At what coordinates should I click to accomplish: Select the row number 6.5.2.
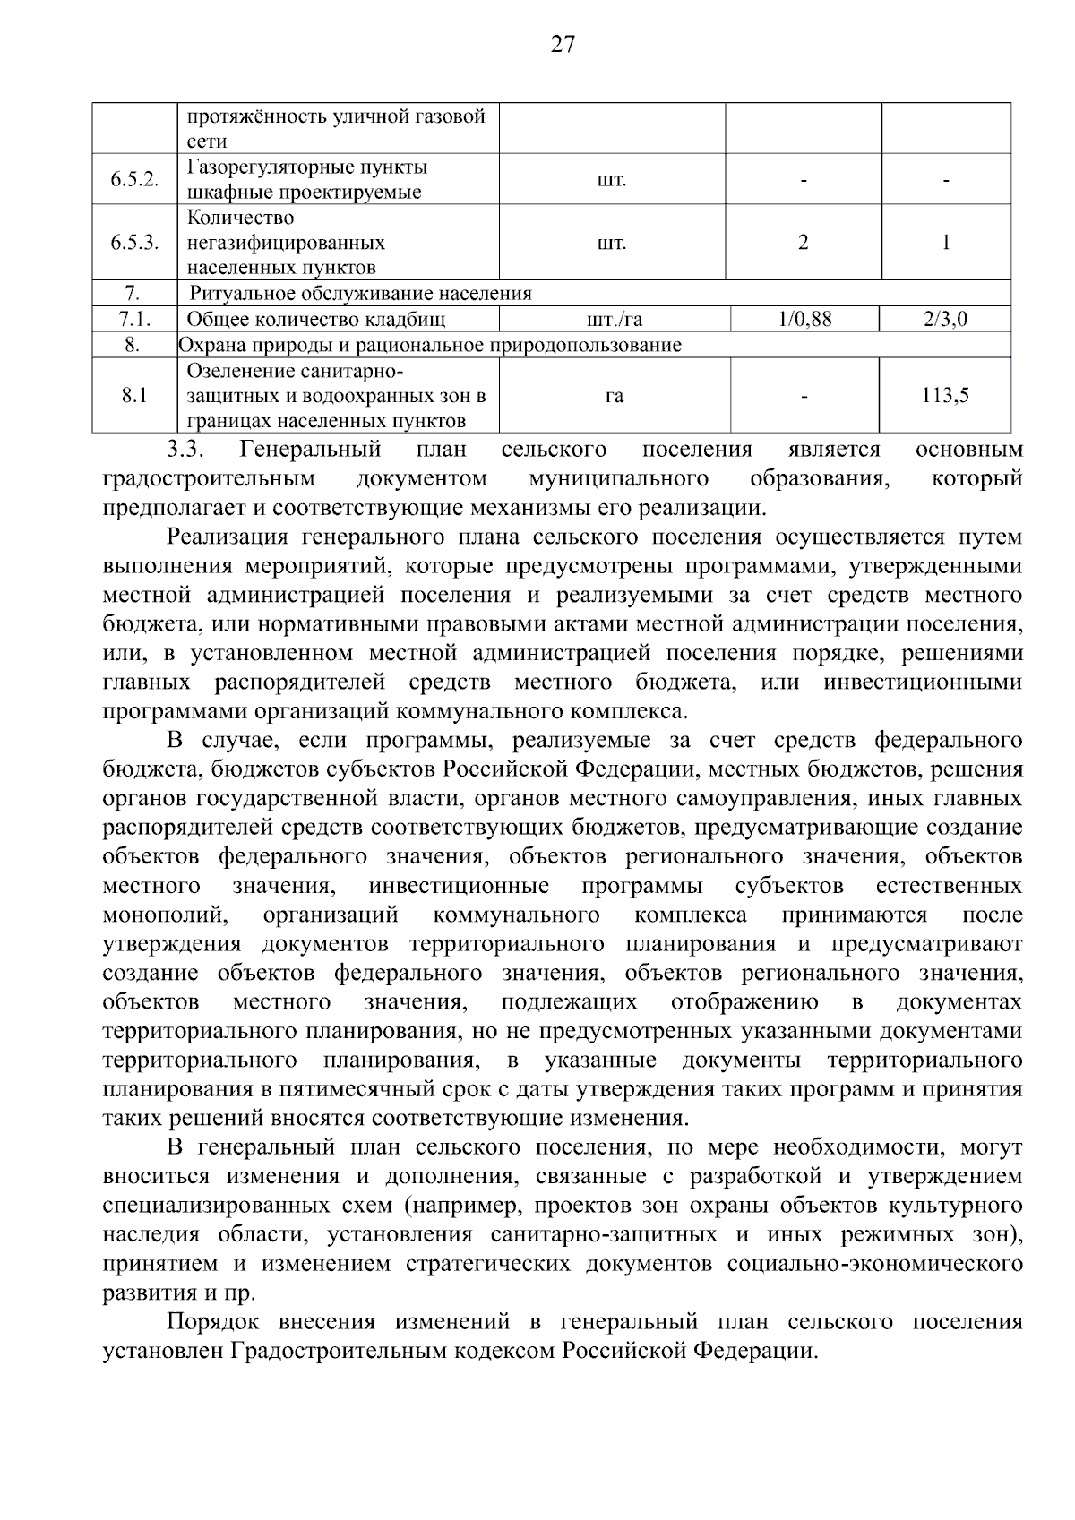[x=134, y=179]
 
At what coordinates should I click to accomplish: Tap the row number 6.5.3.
[x=134, y=243]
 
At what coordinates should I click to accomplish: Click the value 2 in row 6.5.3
[x=803, y=243]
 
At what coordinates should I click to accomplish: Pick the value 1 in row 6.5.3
[x=946, y=243]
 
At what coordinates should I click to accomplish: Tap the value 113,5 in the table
[x=945, y=396]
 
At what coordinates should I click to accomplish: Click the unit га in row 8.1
[x=614, y=396]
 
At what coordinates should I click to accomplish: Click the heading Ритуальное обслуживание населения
[x=360, y=294]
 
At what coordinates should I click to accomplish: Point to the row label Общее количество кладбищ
[x=316, y=320]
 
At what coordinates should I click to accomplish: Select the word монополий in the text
[x=166, y=915]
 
